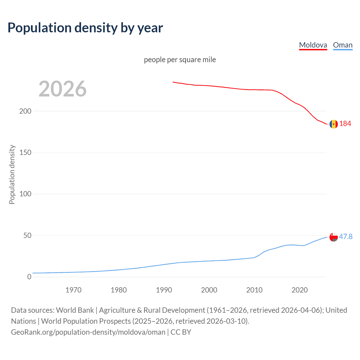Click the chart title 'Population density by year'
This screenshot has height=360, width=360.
tap(85, 28)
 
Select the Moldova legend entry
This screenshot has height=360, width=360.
tap(313, 45)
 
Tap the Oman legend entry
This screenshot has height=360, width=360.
tap(343, 45)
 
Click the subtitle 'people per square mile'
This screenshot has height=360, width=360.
tap(180, 60)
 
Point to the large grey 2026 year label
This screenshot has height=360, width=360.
tap(62, 89)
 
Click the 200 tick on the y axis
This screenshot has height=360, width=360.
tap(25, 111)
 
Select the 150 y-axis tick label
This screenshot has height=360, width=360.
tap(25, 152)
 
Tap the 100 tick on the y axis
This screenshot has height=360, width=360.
tap(25, 194)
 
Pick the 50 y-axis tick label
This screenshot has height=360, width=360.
tap(27, 235)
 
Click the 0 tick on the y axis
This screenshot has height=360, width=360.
tap(29, 277)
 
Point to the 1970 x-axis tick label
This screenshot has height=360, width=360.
tap(73, 290)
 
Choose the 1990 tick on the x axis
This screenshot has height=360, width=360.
tap(164, 290)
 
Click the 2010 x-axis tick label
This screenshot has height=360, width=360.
tap(254, 290)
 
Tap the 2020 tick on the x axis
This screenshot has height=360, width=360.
tap(300, 290)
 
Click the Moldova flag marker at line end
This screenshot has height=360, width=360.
tap(334, 124)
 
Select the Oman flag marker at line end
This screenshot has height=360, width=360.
tap(334, 237)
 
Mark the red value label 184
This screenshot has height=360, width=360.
tap(345, 123)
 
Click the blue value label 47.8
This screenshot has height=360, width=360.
tap(346, 237)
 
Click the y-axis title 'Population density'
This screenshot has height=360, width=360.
tap(12, 174)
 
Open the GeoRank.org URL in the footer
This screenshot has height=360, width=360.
tap(88, 332)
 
